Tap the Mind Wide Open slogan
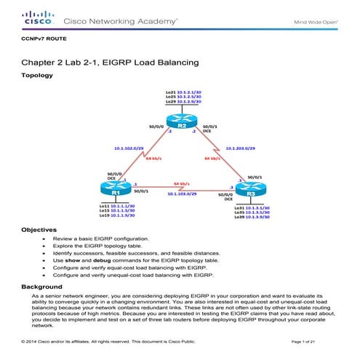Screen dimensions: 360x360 click(x=315, y=22)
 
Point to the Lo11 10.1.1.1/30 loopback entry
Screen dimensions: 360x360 click(x=116, y=205)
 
